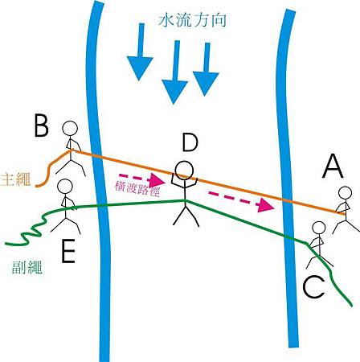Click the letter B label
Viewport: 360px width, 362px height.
point(42,127)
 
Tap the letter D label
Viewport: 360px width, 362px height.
point(190,143)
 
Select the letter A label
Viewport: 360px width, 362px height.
point(333,167)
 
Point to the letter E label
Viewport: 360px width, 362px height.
point(68,251)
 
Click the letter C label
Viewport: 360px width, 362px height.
point(313,287)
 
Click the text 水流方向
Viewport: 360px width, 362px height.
point(192,20)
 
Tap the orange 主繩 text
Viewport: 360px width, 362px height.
point(15,179)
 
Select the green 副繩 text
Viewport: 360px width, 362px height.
point(27,266)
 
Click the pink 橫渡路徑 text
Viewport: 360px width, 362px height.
point(137,189)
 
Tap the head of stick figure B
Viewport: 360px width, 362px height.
point(70,129)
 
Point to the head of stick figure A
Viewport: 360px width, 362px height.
point(345,194)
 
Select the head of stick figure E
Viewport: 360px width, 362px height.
point(65,187)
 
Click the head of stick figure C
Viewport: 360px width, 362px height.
point(319,228)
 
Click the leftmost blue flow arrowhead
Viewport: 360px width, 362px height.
point(140,68)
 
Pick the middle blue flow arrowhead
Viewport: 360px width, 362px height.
point(174,91)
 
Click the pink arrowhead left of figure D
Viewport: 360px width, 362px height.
point(157,180)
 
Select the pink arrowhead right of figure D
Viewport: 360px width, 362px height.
point(265,205)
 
